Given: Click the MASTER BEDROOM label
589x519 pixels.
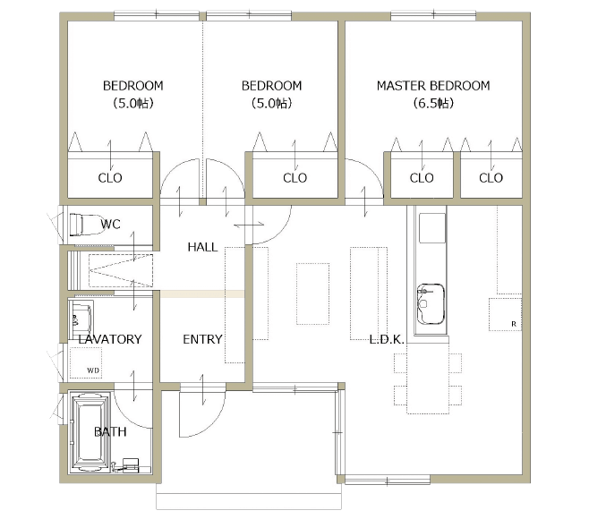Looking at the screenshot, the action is click(x=433, y=86).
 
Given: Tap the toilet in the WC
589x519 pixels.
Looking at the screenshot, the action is click(x=86, y=225).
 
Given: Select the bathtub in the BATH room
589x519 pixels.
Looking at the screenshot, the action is click(x=90, y=432).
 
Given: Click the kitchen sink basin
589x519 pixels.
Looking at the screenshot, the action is click(x=431, y=304).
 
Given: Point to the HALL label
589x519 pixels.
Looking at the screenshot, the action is click(x=202, y=247).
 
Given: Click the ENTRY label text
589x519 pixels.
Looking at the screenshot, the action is click(x=202, y=339).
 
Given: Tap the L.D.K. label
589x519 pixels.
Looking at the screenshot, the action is click(x=387, y=339).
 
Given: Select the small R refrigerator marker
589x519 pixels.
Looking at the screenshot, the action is click(x=514, y=324).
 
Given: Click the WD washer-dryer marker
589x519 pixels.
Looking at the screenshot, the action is click(x=93, y=370).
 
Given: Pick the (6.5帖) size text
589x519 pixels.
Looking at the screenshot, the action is click(x=433, y=103).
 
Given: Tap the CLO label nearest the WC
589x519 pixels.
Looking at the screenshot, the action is click(x=110, y=178).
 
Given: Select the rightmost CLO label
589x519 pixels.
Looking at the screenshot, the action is click(x=491, y=178).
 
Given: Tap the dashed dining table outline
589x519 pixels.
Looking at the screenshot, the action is click(x=428, y=379).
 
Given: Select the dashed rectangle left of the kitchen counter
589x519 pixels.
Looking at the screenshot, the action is click(x=369, y=294).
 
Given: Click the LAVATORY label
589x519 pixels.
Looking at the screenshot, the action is click(x=110, y=339).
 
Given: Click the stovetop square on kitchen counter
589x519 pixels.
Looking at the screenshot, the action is click(x=432, y=228).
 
